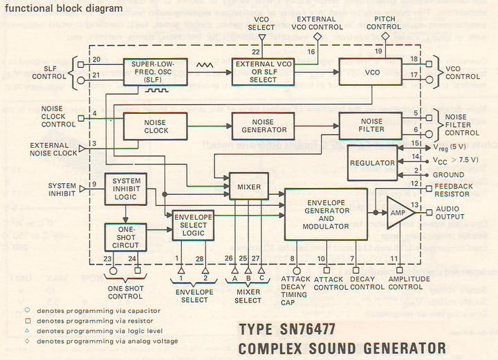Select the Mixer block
[248, 187]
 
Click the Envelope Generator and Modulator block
[324, 214]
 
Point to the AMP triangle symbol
[399, 210]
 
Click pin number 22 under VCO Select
[257, 52]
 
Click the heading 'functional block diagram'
[64, 8]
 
